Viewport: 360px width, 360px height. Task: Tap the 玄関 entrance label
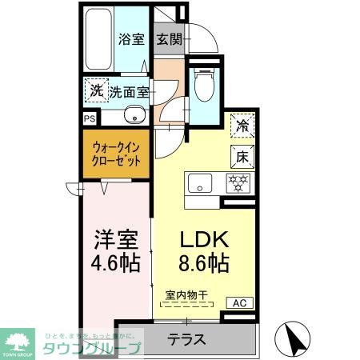[168, 38]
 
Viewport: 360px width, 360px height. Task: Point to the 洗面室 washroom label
[130, 91]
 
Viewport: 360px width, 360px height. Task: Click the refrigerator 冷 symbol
[241, 125]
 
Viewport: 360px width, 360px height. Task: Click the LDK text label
[204, 239]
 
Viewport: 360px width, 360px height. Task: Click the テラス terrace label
[186, 338]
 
